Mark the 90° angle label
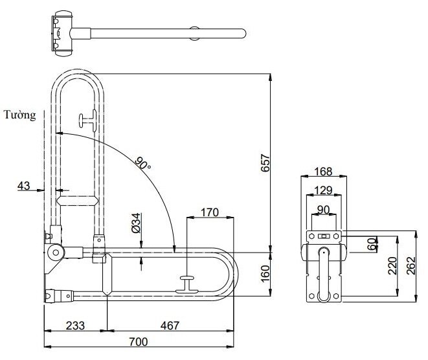click(x=142, y=163)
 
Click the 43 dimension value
click(x=24, y=186)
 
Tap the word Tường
click(x=19, y=116)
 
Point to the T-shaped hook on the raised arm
click(x=87, y=120)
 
